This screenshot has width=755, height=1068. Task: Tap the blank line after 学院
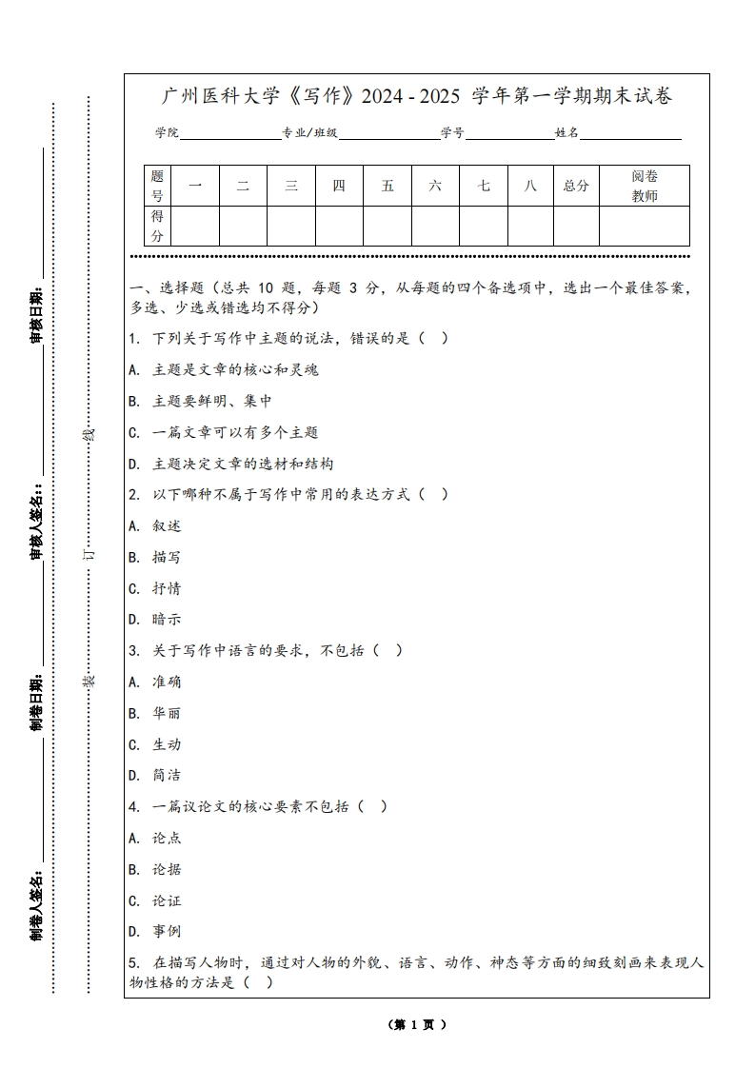pyautogui.click(x=229, y=134)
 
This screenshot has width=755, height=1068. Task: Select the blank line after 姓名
pyautogui.click(x=630, y=134)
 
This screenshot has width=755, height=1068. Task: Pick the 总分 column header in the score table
pyautogui.click(x=576, y=186)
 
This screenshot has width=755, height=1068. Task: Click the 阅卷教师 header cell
pyautogui.click(x=645, y=186)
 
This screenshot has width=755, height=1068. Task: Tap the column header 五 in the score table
pyautogui.click(x=387, y=186)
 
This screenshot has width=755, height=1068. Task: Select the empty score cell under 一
pyautogui.click(x=195, y=227)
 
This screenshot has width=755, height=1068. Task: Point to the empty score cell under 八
pyautogui.click(x=530, y=227)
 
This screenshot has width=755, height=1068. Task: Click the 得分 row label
pyautogui.click(x=157, y=227)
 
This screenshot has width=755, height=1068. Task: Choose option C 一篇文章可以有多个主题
pyautogui.click(x=223, y=432)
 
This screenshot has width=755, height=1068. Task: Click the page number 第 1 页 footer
pyautogui.click(x=417, y=1025)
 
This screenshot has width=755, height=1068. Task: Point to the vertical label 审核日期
pyautogui.click(x=36, y=314)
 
